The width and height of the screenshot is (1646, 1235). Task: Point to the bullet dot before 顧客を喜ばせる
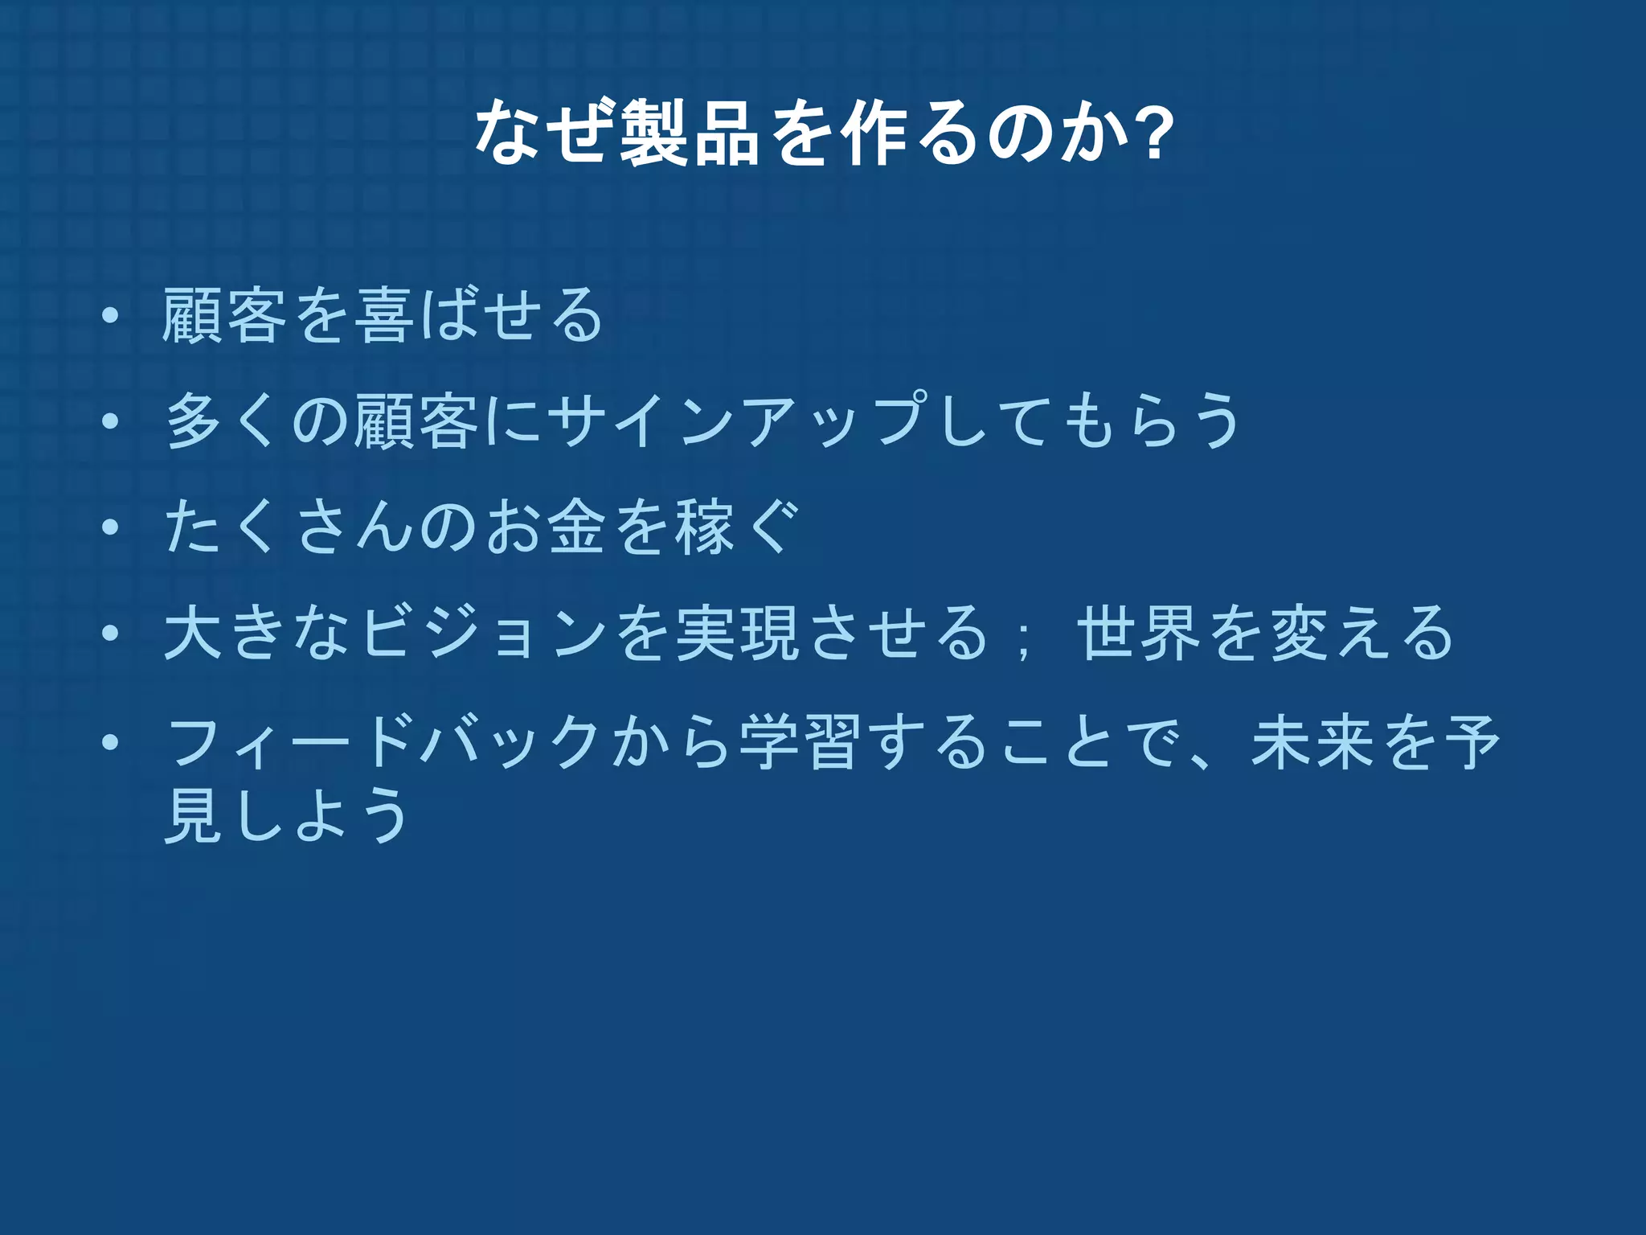[x=110, y=316]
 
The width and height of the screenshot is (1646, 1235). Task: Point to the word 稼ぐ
[x=738, y=527]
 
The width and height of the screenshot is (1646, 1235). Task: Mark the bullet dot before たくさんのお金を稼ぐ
[x=110, y=527]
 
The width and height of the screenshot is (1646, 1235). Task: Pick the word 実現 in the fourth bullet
[x=738, y=634]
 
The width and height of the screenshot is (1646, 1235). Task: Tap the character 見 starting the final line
[x=194, y=814]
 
